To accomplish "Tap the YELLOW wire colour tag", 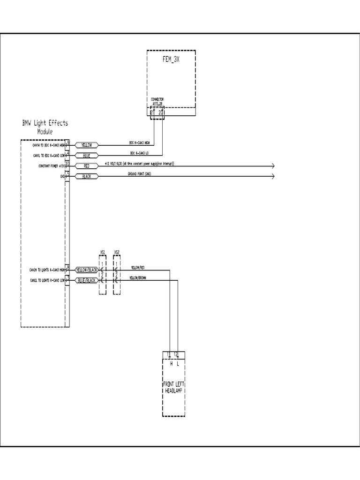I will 87,145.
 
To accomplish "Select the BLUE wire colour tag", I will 87,156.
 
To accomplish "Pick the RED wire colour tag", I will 87,166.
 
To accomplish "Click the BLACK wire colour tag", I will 87,176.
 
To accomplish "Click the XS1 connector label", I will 103,252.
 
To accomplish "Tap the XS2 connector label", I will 117,252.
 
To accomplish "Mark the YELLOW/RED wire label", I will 137,267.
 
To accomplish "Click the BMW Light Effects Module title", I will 45,127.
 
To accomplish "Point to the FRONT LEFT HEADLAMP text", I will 173,387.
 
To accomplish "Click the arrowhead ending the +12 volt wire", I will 272,166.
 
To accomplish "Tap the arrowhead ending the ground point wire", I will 272,176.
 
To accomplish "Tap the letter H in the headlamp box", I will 171,363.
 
